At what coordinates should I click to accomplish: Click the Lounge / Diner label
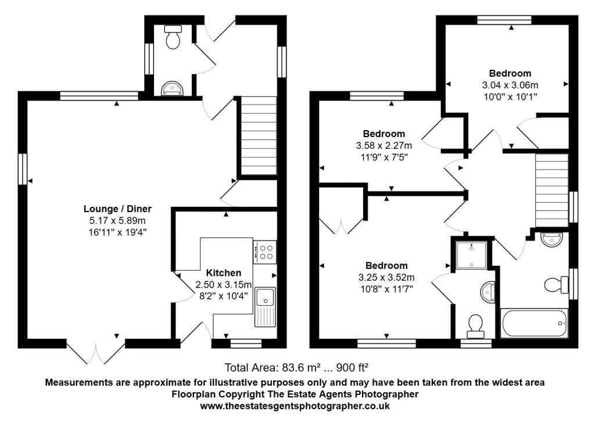coord(117,209)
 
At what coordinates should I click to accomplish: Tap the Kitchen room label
coord(224,273)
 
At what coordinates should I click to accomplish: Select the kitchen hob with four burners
coord(264,252)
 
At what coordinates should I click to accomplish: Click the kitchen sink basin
coord(264,297)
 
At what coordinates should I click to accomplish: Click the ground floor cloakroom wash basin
coord(173,88)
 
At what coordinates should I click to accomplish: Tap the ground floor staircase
coord(259,136)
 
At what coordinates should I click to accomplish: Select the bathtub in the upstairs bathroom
coord(535,323)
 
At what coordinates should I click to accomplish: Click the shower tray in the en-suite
coord(471,255)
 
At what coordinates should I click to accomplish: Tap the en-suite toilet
coord(475,327)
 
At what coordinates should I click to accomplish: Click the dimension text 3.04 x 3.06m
coord(510,85)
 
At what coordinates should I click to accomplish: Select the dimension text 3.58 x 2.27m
coord(383,145)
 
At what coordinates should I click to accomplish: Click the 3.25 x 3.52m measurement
coord(386,278)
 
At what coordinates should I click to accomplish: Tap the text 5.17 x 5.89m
coord(117,220)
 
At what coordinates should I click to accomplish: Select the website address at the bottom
coord(295,406)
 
